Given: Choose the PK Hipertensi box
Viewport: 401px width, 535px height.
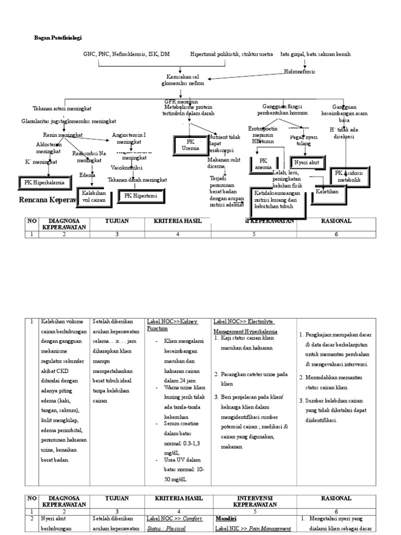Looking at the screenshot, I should coord(141,196).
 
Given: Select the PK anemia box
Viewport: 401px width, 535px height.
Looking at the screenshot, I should coord(263,164).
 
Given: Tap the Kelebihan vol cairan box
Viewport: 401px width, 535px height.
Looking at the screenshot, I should coord(95,196).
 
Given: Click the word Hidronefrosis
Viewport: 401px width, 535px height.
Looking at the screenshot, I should coord(300,72).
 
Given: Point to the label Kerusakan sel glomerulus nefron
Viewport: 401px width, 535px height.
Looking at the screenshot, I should coord(181,80).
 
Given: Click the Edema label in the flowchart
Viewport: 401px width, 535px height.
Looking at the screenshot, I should coord(87,176).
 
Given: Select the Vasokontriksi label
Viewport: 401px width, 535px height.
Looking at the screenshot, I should coord(127,168).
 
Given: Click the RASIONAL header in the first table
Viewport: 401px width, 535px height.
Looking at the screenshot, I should coord(336,222).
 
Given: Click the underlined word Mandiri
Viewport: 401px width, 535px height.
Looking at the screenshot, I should coord(226,519).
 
